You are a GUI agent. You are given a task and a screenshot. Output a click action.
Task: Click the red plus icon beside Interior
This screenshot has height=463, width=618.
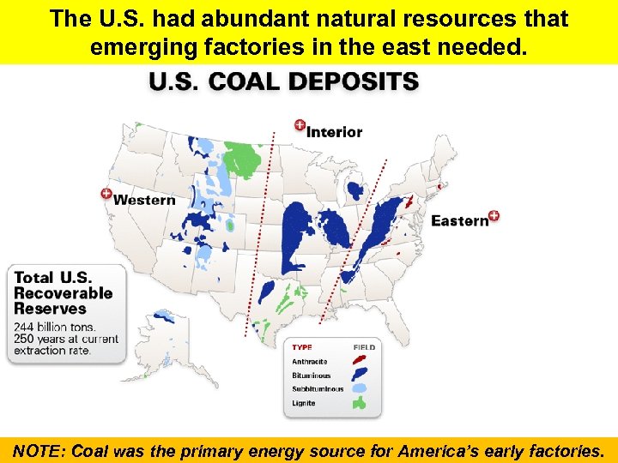[x=300, y=126]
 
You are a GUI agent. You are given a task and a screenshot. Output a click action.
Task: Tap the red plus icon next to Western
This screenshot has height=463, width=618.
[x=106, y=195]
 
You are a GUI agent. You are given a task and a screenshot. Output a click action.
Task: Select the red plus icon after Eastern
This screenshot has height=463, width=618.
[x=494, y=216]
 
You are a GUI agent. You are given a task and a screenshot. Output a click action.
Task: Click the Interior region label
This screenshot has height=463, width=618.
[x=335, y=132]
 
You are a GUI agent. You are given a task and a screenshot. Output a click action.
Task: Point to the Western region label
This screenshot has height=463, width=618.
[x=144, y=200]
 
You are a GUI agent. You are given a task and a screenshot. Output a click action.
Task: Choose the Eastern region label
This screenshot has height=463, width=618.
[x=459, y=221]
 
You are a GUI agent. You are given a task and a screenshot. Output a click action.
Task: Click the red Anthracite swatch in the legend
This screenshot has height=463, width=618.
[x=360, y=361]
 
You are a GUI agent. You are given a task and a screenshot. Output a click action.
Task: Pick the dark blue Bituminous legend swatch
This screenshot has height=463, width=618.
[x=360, y=375]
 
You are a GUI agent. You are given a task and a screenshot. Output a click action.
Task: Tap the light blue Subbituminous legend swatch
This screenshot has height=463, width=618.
[x=360, y=388]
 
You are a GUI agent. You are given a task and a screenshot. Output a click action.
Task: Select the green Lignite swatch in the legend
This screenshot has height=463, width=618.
[x=360, y=402]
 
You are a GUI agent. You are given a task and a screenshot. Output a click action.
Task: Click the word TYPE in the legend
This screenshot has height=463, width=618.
[x=302, y=347]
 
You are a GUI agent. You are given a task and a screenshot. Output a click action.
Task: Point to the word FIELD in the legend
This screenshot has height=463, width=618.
[x=364, y=347]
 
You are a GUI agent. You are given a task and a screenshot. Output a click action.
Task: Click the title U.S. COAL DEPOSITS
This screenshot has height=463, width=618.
[x=284, y=83]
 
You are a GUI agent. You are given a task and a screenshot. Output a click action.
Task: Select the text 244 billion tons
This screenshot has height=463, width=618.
[x=55, y=327]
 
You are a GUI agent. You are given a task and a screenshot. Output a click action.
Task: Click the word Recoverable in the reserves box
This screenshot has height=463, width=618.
[x=63, y=293]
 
